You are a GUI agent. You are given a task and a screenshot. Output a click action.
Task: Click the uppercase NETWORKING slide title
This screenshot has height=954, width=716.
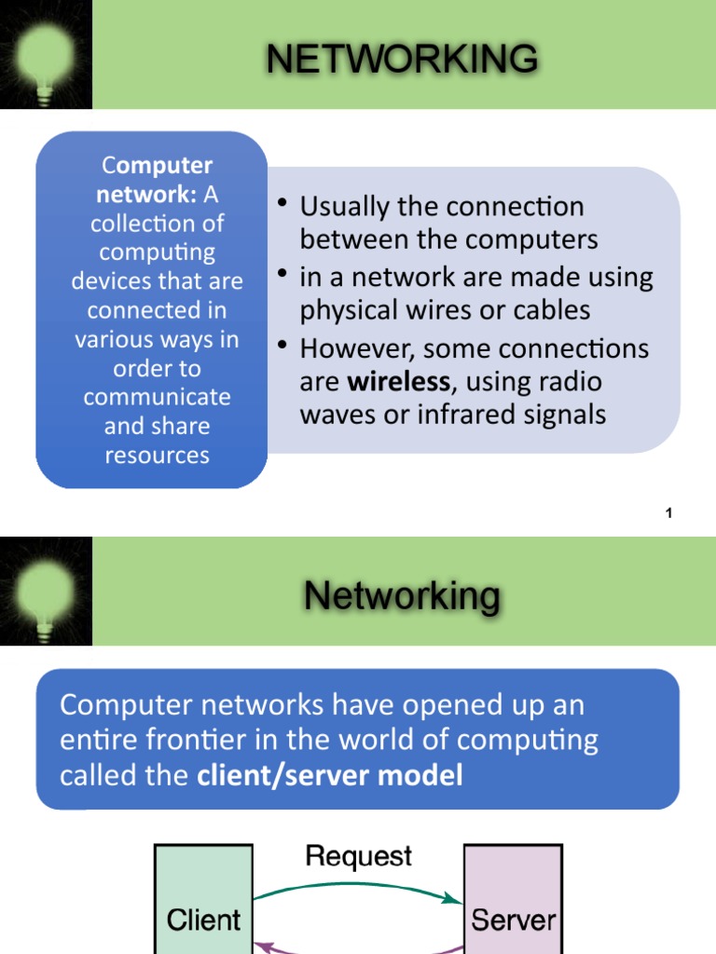[x=402, y=59]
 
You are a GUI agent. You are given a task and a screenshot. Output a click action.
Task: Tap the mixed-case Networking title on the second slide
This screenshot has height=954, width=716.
[x=402, y=595]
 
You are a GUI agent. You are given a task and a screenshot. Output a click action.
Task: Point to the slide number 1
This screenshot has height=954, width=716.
[x=669, y=513]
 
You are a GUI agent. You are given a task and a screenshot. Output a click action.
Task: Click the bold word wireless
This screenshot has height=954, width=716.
[x=398, y=382]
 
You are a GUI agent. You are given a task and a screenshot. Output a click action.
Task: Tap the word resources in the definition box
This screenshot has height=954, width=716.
[x=157, y=456]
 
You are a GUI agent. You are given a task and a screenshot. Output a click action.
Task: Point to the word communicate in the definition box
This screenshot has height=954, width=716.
[x=157, y=397]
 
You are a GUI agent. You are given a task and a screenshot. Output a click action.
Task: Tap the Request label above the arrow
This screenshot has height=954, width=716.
[x=358, y=856]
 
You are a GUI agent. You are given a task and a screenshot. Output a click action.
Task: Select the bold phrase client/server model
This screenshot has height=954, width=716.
[x=330, y=775]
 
